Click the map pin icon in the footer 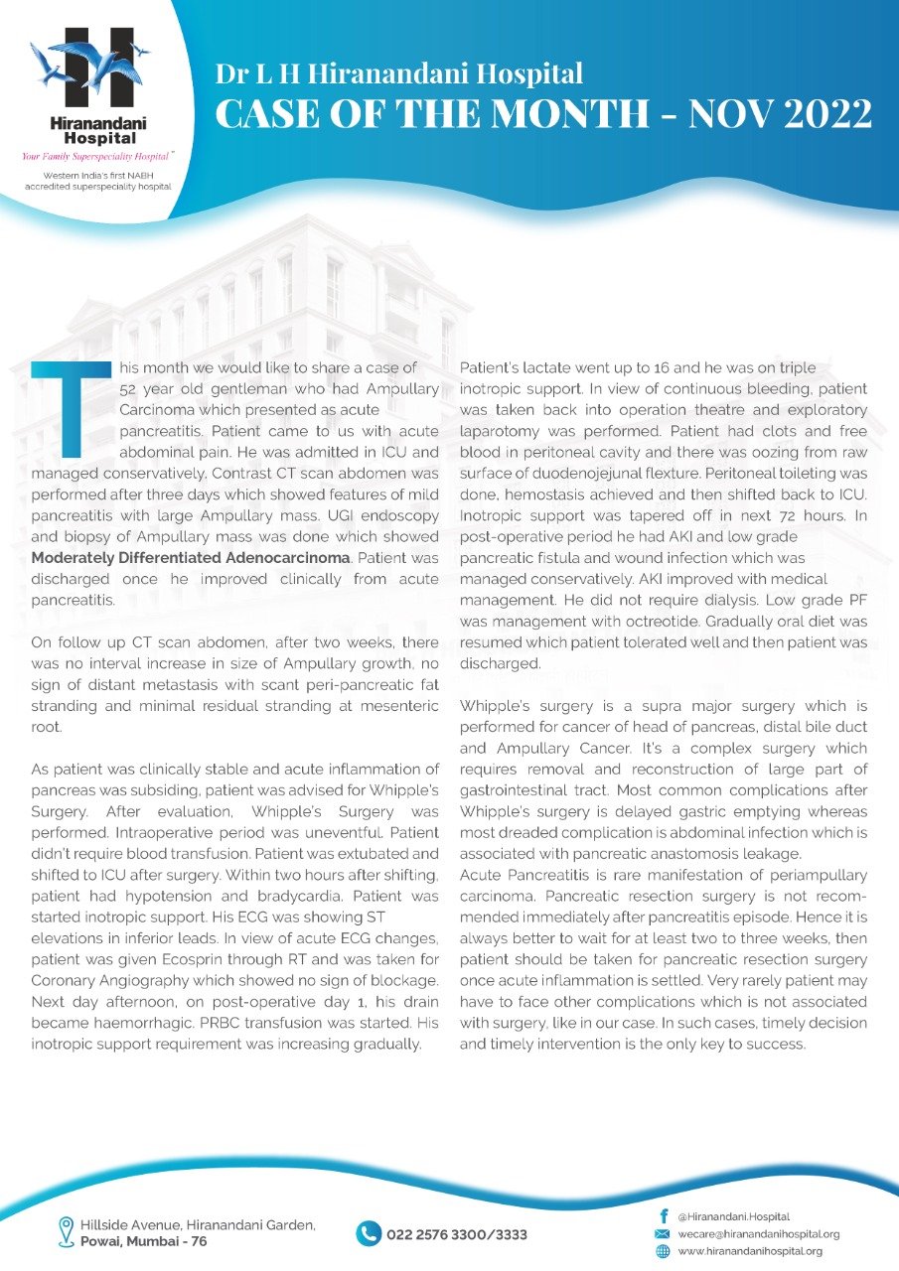pos(67,1231)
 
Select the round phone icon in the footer pos(369,1233)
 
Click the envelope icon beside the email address pos(663,1234)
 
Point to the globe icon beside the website pos(663,1252)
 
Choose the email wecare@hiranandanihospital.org pos(759,1234)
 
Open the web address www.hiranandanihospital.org pos(750,1252)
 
